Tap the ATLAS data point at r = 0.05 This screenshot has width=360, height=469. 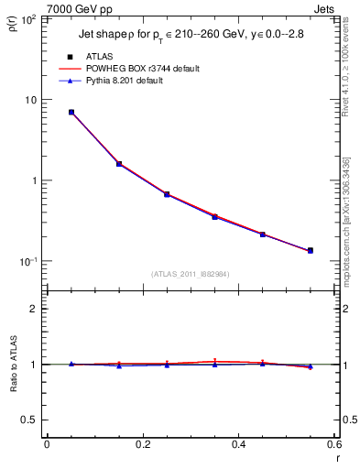pos(71,112)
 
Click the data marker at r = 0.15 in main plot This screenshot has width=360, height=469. pos(119,164)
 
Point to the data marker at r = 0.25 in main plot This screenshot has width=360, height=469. pos(167,194)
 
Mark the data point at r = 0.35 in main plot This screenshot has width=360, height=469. pos(214,216)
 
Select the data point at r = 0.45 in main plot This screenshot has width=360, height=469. pos(262,234)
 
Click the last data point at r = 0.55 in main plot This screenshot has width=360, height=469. pos(310,250)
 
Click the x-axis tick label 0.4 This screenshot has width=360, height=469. pos(238,444)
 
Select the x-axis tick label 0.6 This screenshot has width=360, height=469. pos(333,444)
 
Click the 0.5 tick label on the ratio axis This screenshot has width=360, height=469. pos(29,420)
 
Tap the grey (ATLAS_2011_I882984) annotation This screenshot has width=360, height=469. pos(191,274)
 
